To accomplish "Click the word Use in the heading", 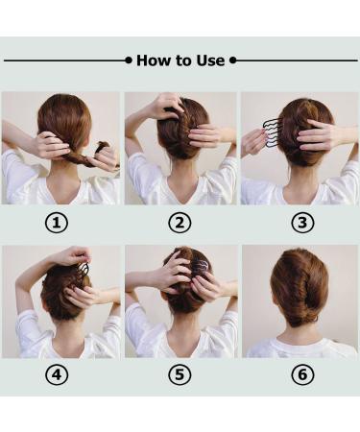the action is pyautogui.click(x=210, y=60).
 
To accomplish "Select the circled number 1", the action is pyautogui.click(x=57, y=223).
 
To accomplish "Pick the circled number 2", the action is pyautogui.click(x=180, y=223).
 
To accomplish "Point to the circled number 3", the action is pyautogui.click(x=302, y=223).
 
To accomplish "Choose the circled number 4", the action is pyautogui.click(x=57, y=374).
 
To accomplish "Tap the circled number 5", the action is pyautogui.click(x=180, y=374).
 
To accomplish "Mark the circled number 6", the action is pyautogui.click(x=302, y=374).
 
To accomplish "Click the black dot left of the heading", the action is pyautogui.click(x=129, y=60).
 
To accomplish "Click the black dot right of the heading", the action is pyautogui.click(x=233, y=60).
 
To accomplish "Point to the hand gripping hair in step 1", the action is pyautogui.click(x=51, y=147).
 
